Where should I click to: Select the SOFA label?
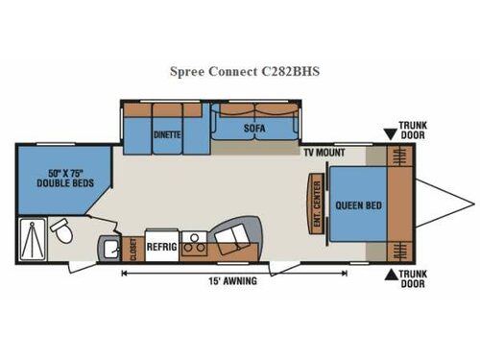(x=253, y=126)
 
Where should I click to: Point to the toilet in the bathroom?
(x=62, y=230)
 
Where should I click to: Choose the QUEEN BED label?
(x=354, y=204)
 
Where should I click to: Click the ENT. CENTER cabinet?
(x=314, y=201)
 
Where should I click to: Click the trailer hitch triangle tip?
(x=472, y=204)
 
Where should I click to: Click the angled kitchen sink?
(x=233, y=240)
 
